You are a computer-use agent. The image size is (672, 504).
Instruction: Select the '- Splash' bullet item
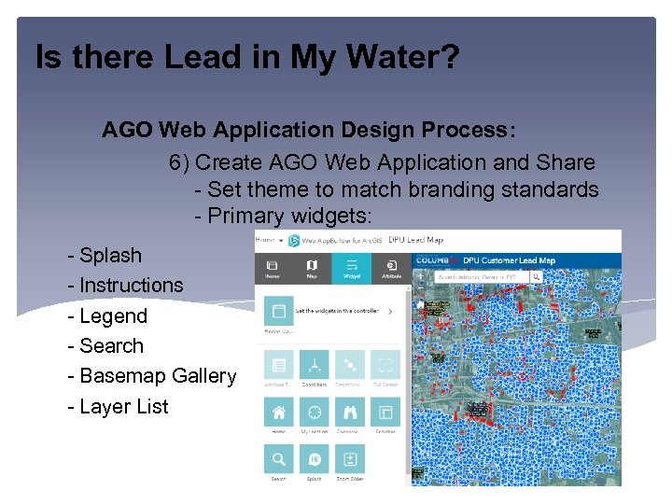[105, 255]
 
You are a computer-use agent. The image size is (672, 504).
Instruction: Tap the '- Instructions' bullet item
[125, 285]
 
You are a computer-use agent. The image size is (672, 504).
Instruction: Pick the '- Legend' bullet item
[107, 315]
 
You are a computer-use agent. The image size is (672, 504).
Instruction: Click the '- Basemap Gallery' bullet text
[151, 375]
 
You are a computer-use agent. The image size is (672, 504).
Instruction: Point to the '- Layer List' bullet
[118, 406]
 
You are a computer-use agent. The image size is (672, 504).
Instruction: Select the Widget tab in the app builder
[351, 268]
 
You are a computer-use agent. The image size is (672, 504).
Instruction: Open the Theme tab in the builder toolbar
[273, 268]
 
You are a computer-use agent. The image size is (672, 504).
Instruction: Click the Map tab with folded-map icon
[312, 268]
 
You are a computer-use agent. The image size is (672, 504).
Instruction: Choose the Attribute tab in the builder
[390, 268]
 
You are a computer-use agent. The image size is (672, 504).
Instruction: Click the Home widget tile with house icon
[278, 413]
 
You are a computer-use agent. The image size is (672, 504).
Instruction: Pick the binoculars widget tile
[350, 413]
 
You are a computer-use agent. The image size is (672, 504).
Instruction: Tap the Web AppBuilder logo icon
[294, 241]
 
